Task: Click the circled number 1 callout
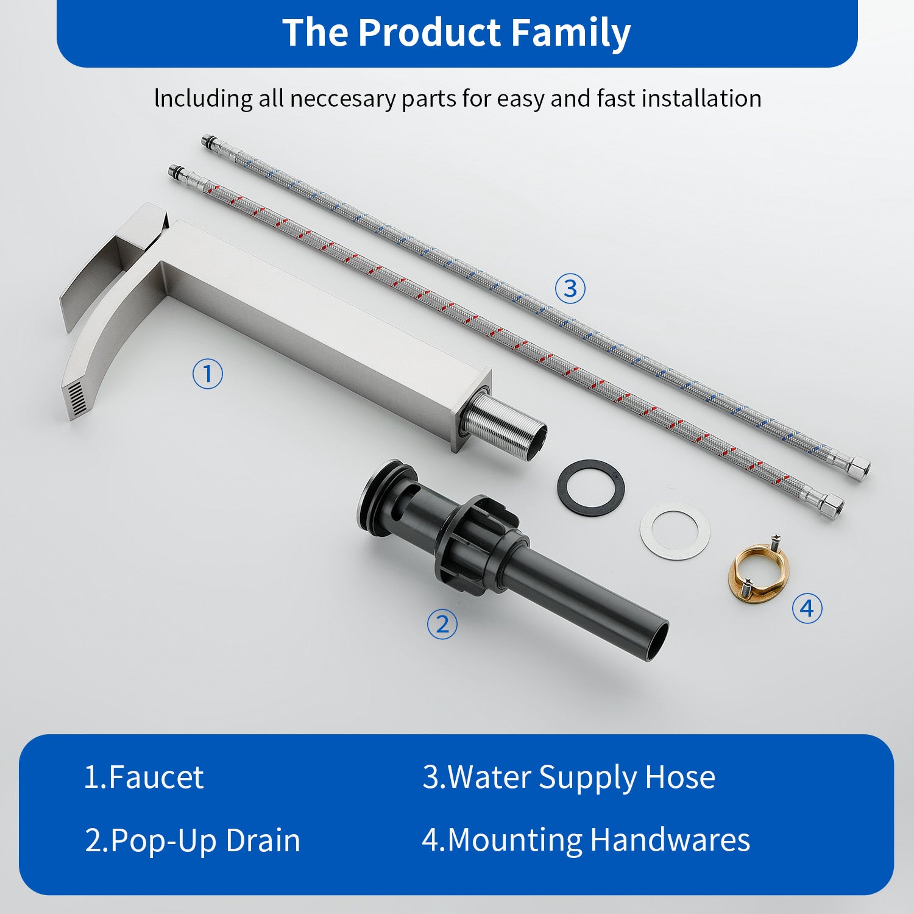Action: [x=208, y=374]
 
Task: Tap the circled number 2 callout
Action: [x=442, y=625]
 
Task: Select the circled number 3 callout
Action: [x=570, y=288]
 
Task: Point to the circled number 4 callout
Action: [x=807, y=608]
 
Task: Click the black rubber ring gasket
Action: [x=591, y=469]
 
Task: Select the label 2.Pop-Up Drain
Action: [x=193, y=841]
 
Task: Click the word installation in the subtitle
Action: [x=701, y=99]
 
